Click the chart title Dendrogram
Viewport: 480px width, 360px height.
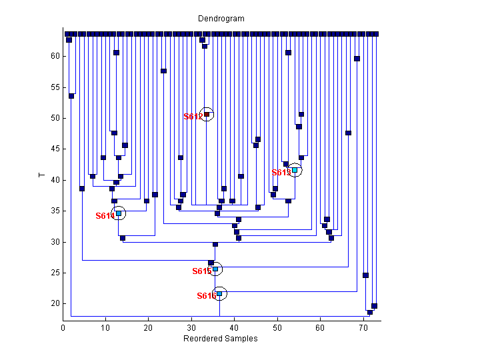click(221, 19)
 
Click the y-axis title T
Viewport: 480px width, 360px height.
click(41, 176)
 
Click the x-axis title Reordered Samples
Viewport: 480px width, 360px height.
click(221, 339)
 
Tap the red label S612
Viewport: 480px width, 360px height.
click(193, 117)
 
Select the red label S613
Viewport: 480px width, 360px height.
click(281, 173)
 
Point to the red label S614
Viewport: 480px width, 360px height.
click(105, 216)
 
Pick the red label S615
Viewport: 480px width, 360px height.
click(201, 271)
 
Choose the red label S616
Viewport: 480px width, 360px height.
click(206, 296)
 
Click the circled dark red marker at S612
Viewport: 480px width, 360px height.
click(207, 114)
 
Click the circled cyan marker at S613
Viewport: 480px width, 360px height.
click(295, 170)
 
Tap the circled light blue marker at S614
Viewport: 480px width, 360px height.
click(119, 213)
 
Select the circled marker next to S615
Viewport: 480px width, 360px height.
click(215, 269)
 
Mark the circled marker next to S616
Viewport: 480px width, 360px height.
click(219, 293)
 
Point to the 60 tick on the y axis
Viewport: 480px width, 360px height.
click(55, 56)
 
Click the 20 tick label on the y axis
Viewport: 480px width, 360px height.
click(55, 303)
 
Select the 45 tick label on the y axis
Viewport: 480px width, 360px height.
click(55, 149)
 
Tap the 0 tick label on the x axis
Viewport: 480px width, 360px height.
click(63, 328)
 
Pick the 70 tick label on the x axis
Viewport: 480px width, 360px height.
click(363, 328)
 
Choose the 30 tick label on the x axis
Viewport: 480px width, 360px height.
click(191, 328)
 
